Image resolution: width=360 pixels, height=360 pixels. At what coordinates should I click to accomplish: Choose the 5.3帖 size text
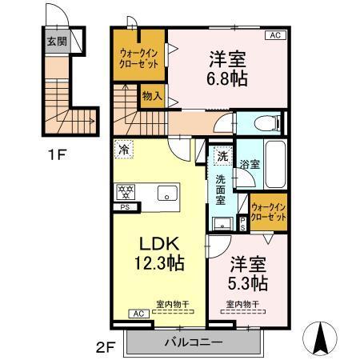[249, 282]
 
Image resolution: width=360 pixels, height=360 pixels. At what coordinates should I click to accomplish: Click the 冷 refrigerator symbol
[123, 148]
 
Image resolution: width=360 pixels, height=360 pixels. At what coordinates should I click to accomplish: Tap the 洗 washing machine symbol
[222, 158]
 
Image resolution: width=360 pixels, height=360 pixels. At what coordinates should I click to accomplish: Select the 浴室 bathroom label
[249, 164]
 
